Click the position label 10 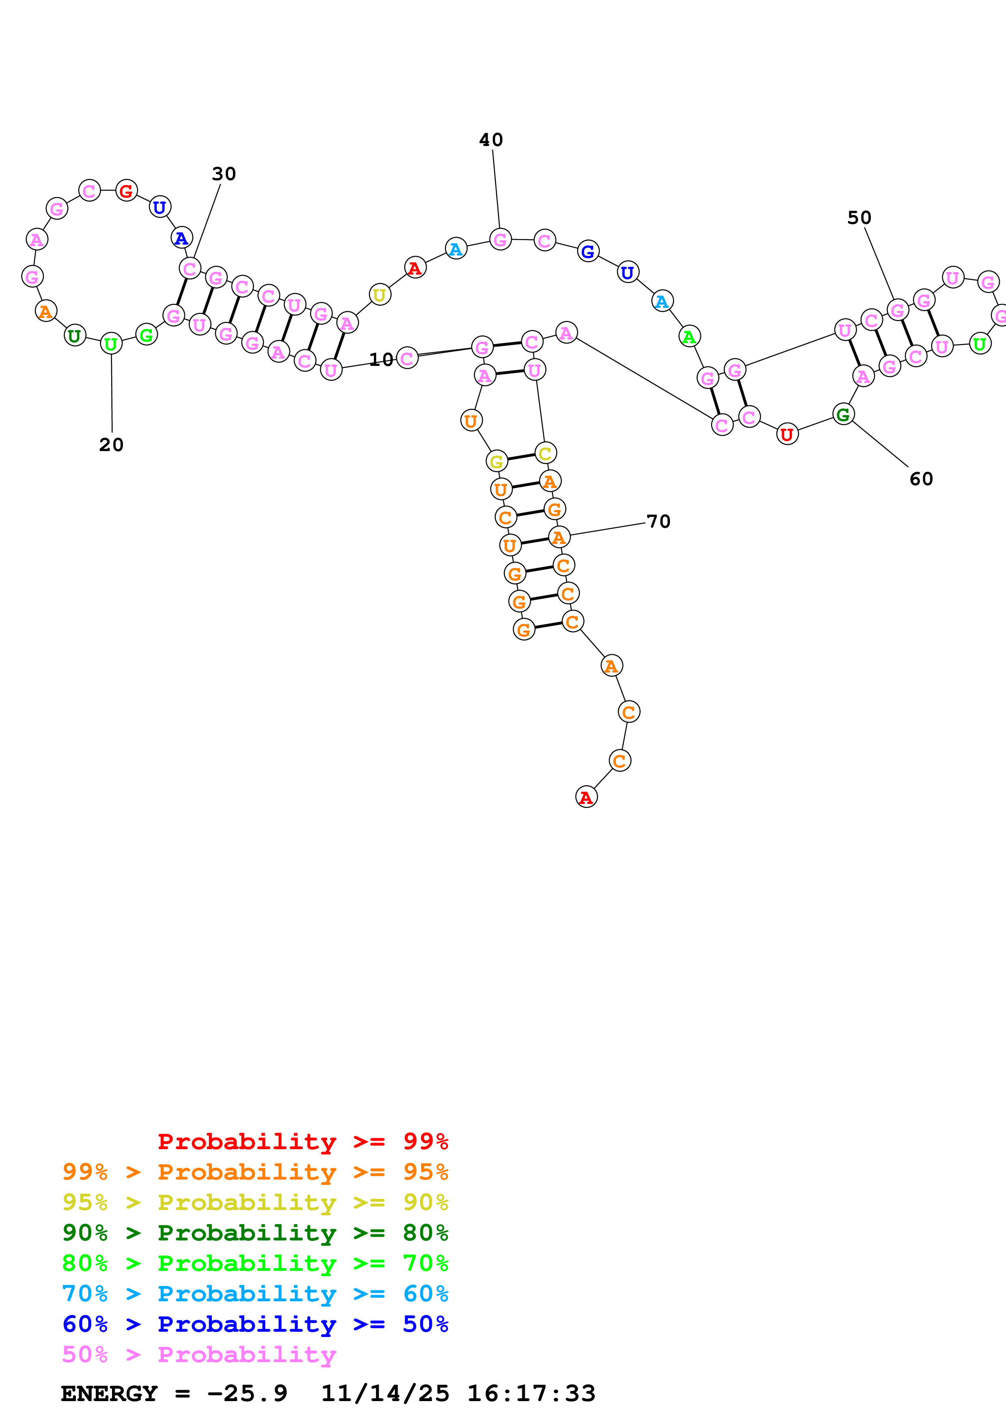381,359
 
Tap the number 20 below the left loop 112,445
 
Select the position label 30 224,174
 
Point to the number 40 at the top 491,140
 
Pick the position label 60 921,479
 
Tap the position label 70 658,522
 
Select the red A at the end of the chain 586,797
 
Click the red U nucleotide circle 786,434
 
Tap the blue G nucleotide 588,251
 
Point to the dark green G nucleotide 843,415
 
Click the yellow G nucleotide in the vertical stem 496,461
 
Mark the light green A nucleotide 689,337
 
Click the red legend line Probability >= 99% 302,1141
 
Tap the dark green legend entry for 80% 255,1233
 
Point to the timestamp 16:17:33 531,1394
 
